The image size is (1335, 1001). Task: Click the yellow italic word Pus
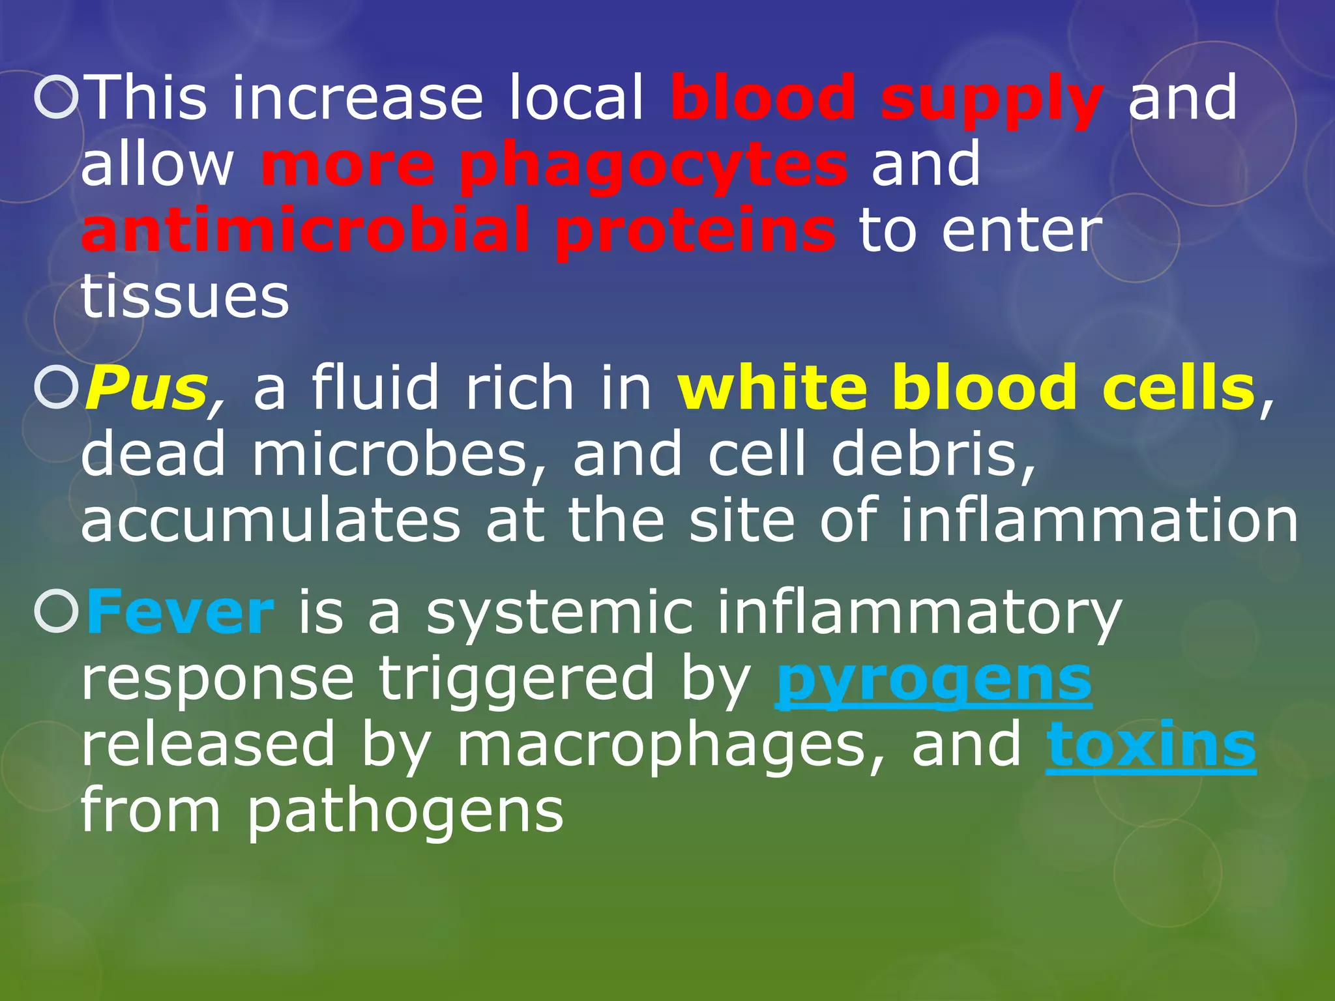click(x=147, y=388)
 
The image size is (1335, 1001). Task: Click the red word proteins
click(x=695, y=231)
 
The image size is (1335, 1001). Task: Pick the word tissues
click(x=185, y=297)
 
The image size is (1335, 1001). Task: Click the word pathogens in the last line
click(x=405, y=812)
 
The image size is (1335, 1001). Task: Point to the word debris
click(x=933, y=454)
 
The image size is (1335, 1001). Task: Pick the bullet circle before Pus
click(x=57, y=388)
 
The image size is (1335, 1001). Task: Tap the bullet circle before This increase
click(x=57, y=98)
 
